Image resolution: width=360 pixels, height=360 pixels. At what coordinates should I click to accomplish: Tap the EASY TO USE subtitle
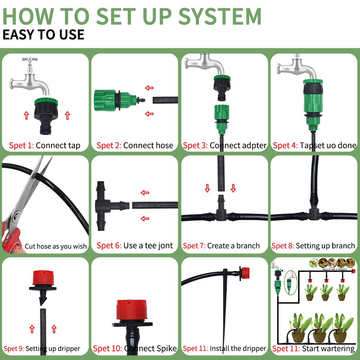click(43, 35)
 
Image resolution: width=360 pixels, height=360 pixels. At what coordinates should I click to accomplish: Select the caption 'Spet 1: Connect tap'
click(45, 146)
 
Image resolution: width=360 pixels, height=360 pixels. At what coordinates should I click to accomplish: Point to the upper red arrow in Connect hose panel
click(149, 88)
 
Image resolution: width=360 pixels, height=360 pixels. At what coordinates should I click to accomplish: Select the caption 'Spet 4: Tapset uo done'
click(314, 146)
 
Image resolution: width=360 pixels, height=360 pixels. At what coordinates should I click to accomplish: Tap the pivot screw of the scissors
click(15, 217)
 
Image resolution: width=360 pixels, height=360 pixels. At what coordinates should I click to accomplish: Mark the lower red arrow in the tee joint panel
click(145, 218)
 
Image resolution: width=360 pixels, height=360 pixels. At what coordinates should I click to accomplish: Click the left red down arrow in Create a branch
click(207, 188)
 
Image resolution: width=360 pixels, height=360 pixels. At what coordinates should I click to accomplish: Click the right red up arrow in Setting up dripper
click(54, 328)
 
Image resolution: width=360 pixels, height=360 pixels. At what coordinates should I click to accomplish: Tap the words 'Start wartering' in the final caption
click(328, 348)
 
